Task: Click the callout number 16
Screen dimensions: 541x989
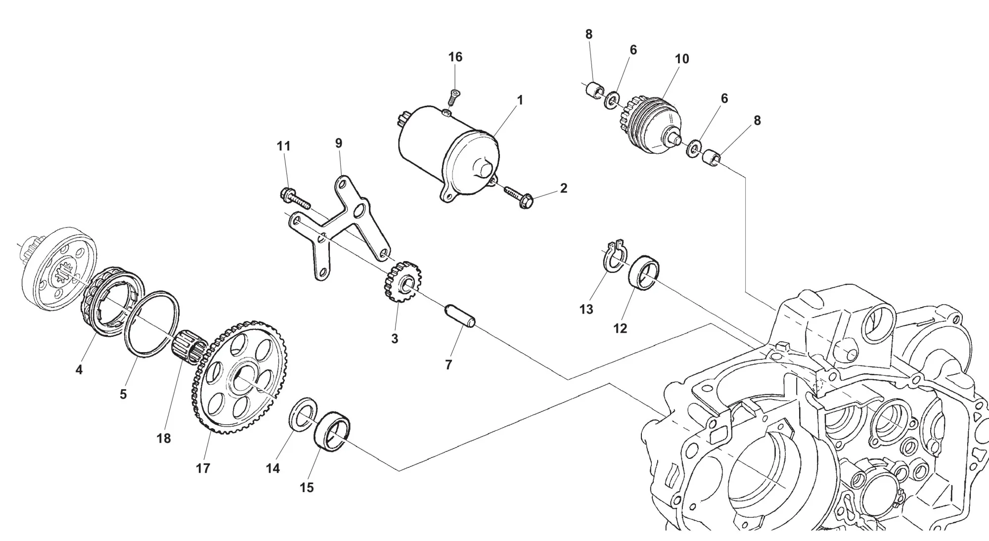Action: pos(455,57)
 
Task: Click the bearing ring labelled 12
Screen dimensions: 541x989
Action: pos(644,272)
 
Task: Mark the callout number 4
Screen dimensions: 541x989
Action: pos(79,369)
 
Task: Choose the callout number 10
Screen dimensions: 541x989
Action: pos(682,59)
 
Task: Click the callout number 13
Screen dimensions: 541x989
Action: pos(586,310)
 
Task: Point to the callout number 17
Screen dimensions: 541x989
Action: pos(203,468)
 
